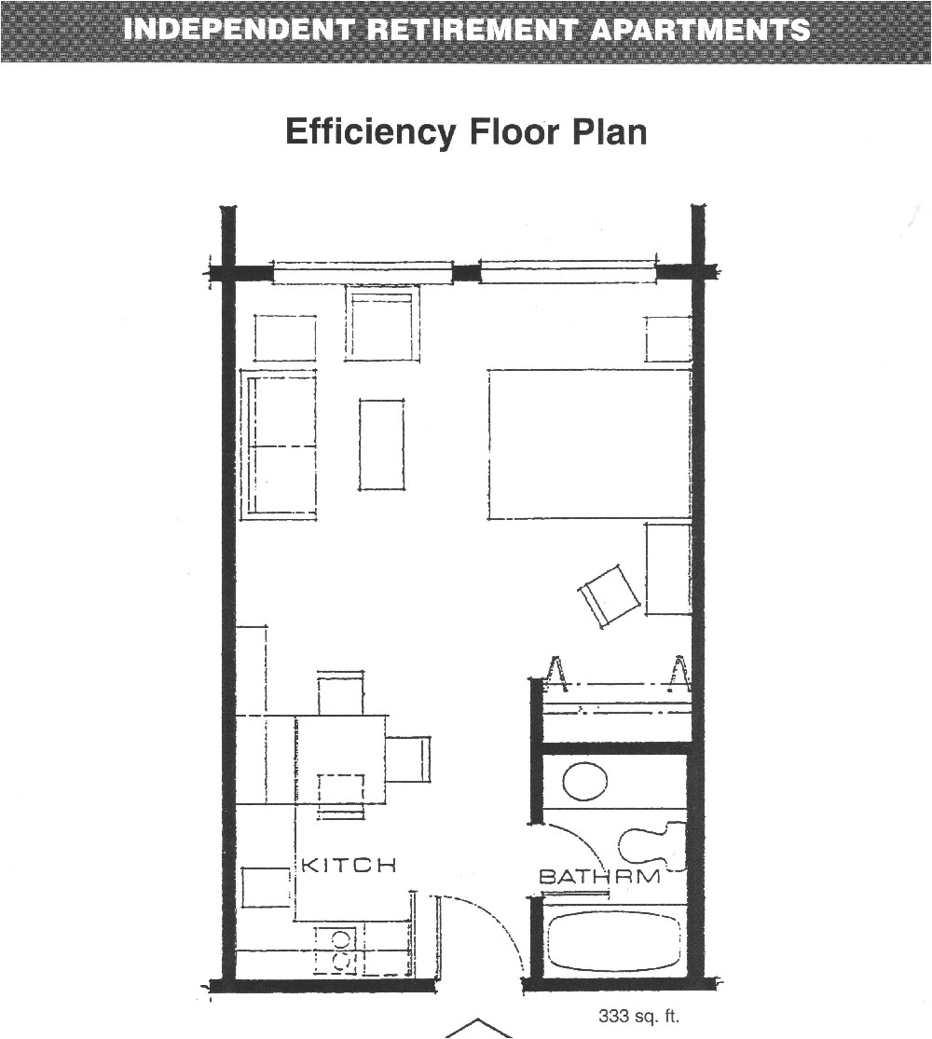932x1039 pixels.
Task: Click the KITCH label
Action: [348, 865]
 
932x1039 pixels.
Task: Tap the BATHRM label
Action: [599, 877]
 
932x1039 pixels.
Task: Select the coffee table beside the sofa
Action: [381, 444]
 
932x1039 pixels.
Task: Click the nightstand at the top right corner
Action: [667, 338]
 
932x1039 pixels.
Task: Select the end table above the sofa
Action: [284, 338]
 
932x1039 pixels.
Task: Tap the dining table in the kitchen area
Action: [341, 759]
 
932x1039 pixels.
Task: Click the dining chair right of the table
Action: [408, 759]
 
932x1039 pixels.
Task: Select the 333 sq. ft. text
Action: [638, 1018]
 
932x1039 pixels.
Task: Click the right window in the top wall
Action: [567, 273]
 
